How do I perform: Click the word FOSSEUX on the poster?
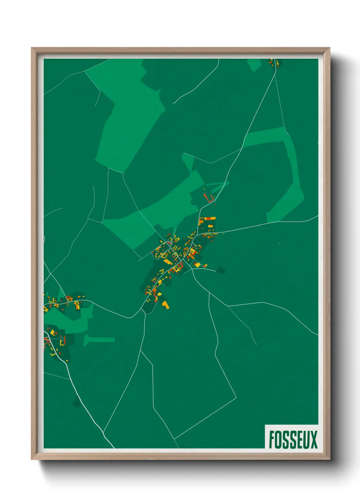click(x=293, y=439)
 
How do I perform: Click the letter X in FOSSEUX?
click(x=314, y=439)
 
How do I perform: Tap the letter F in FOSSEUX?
click(x=272, y=439)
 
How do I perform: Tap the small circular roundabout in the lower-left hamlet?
click(x=62, y=338)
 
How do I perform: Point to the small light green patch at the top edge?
click(x=254, y=65)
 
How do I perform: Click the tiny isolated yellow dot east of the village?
click(x=279, y=243)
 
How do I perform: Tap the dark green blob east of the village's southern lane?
click(x=221, y=270)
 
